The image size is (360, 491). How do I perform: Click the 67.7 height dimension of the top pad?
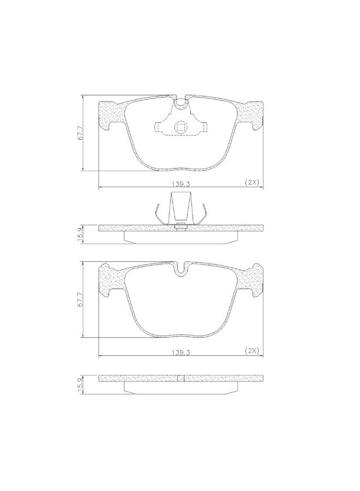80,133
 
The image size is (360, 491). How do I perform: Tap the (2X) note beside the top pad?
251,182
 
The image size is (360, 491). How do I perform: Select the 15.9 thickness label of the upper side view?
80,234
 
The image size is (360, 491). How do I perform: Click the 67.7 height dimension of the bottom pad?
80,300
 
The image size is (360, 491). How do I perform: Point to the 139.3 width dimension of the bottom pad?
181,352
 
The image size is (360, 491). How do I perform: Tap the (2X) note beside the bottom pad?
251,350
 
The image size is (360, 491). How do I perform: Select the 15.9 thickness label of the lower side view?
80,384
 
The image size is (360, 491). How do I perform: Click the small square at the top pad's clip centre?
181,127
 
